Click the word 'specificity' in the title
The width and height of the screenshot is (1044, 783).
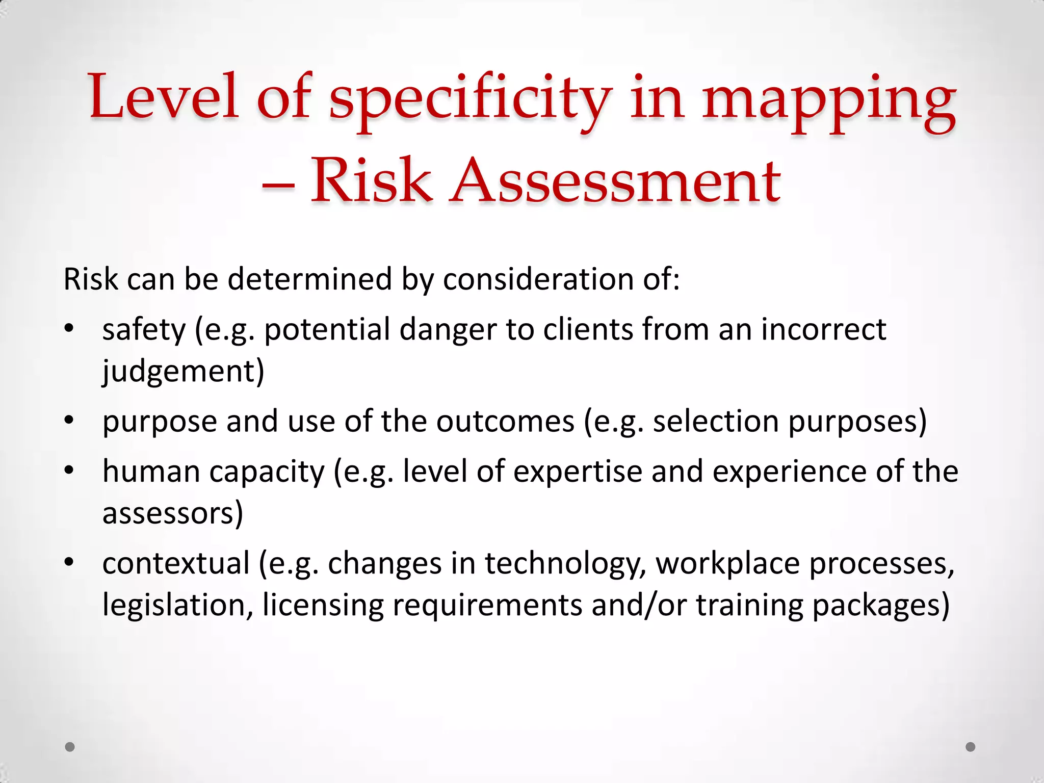[470, 99]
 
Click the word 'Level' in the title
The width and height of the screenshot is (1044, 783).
[164, 97]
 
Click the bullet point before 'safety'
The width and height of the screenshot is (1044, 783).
[70, 329]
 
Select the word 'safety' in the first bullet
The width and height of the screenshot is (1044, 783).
[144, 330]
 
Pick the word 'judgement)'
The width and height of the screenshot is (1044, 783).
[183, 371]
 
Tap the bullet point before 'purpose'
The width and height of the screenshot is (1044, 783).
[70, 421]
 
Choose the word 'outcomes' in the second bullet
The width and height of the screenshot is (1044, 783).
[505, 422]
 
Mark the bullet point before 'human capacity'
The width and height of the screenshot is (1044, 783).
[70, 471]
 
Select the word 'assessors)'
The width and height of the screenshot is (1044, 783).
[173, 513]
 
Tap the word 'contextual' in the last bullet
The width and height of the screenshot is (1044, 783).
[176, 563]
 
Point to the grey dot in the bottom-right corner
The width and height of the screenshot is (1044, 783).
[971, 747]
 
